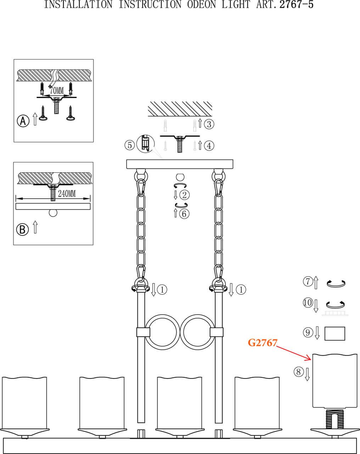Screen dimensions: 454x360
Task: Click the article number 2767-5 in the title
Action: (297, 5)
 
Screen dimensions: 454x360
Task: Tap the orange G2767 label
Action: (262, 343)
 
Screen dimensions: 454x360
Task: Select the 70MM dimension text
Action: (56, 90)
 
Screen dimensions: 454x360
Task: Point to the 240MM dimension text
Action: (67, 194)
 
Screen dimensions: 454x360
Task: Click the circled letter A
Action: (23, 121)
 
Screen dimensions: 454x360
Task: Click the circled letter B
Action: (22, 229)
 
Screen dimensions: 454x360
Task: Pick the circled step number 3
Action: (209, 124)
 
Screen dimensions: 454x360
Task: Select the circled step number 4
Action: (209, 145)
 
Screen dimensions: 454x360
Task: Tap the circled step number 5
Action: (130, 145)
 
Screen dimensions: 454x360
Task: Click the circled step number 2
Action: (185, 195)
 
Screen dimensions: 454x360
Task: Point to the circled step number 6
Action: (185, 214)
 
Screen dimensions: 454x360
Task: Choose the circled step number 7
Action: (308, 282)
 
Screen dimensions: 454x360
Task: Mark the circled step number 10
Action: (308, 303)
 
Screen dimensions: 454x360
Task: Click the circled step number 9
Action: (308, 332)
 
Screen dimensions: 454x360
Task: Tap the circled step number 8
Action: (298, 372)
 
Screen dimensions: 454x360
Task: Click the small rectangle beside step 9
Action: (334, 333)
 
